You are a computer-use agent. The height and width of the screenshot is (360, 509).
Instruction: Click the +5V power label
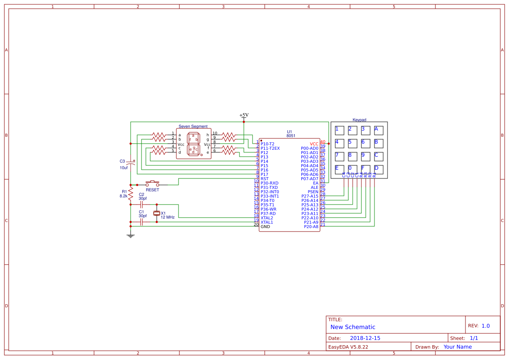(244, 115)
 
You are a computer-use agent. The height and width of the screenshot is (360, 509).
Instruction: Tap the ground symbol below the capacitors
(130, 236)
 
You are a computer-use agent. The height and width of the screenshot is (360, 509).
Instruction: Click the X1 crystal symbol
(157, 213)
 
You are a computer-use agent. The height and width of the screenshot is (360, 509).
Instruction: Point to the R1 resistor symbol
(130, 195)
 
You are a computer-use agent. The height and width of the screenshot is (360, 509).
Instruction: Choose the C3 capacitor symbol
(131, 164)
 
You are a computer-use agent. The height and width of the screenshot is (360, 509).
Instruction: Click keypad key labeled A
(379, 130)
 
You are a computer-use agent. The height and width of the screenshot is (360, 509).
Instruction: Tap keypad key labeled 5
(353, 143)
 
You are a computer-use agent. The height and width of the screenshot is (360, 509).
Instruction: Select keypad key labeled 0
(353, 169)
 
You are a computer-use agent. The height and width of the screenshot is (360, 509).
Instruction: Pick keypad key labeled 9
(366, 156)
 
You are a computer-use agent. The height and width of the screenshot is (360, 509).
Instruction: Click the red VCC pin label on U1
(314, 144)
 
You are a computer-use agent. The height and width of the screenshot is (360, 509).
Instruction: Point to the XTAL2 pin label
(267, 218)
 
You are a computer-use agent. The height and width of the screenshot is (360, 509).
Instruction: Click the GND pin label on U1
(265, 226)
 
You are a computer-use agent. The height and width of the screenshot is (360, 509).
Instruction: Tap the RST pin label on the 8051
(264, 178)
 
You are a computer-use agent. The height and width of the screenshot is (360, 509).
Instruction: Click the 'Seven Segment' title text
(193, 126)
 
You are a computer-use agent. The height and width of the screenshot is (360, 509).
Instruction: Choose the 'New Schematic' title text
(353, 327)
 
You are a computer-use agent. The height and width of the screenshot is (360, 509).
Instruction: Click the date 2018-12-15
(365, 338)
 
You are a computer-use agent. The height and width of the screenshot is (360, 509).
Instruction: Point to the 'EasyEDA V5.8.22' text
(348, 347)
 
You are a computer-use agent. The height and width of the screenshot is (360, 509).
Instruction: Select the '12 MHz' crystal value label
(168, 217)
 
